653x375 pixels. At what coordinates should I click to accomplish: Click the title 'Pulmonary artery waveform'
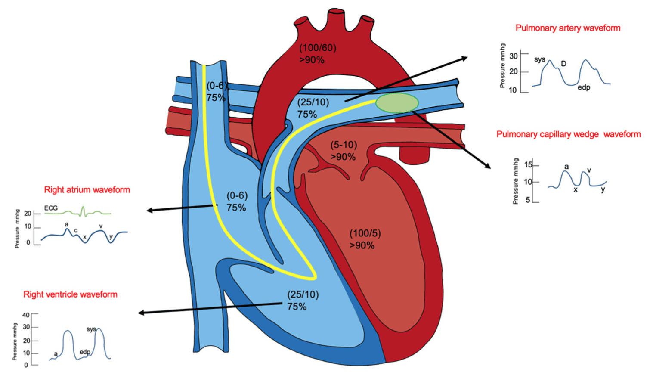568,28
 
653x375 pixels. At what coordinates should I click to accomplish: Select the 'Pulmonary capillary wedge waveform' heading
568,134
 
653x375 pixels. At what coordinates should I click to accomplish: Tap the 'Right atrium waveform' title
87,190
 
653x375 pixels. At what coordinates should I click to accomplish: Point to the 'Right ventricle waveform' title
70,294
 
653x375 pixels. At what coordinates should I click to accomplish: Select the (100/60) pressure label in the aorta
318,48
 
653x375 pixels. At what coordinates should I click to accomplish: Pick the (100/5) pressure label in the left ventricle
365,233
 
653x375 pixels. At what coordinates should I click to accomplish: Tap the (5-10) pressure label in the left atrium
344,145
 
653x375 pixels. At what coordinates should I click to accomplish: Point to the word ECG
51,208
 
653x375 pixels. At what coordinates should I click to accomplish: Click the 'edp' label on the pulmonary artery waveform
584,87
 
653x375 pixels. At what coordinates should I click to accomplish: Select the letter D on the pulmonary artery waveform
563,64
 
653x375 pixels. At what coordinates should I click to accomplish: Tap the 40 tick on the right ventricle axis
26,315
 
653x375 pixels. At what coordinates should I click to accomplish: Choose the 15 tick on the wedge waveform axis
528,165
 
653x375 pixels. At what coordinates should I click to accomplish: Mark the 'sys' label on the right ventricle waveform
91,329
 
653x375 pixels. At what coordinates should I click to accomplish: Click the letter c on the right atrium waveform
76,230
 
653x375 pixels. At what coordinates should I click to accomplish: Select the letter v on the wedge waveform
589,170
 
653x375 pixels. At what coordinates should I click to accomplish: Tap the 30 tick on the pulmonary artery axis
514,56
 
